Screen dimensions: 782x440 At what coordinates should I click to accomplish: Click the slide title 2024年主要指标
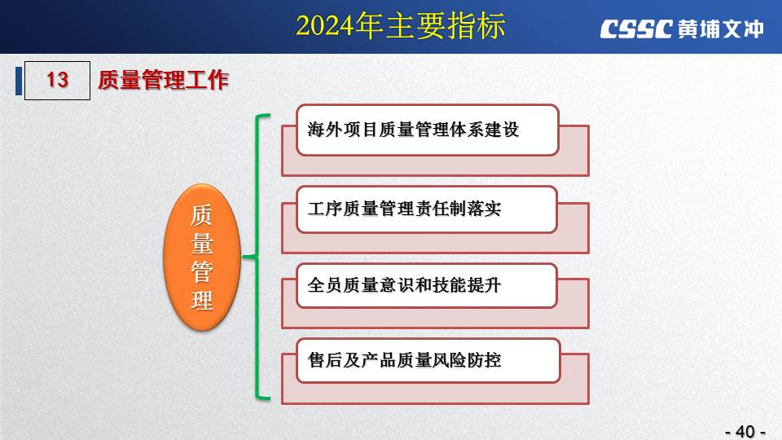[401, 26]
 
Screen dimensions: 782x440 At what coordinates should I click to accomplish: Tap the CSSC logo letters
[636, 29]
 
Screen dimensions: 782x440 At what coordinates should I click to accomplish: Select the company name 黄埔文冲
[721, 29]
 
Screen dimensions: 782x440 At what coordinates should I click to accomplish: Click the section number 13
[57, 80]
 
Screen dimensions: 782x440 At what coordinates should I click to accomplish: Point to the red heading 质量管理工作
[163, 80]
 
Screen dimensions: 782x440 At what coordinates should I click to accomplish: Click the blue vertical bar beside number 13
[19, 81]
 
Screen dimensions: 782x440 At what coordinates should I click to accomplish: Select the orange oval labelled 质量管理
[202, 257]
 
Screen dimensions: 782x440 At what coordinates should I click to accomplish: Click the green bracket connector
[257, 257]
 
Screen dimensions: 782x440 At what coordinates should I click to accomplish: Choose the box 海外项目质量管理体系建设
[428, 130]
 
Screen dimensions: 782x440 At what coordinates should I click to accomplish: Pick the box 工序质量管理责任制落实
[426, 209]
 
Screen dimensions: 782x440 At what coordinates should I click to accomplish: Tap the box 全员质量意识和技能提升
[426, 286]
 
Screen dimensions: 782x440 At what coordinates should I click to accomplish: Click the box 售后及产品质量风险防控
[428, 361]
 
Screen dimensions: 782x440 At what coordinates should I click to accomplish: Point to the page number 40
[745, 431]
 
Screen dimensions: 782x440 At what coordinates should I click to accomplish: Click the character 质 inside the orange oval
[202, 215]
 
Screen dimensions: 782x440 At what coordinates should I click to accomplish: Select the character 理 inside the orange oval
[202, 301]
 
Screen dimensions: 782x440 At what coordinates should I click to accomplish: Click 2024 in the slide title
[326, 26]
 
